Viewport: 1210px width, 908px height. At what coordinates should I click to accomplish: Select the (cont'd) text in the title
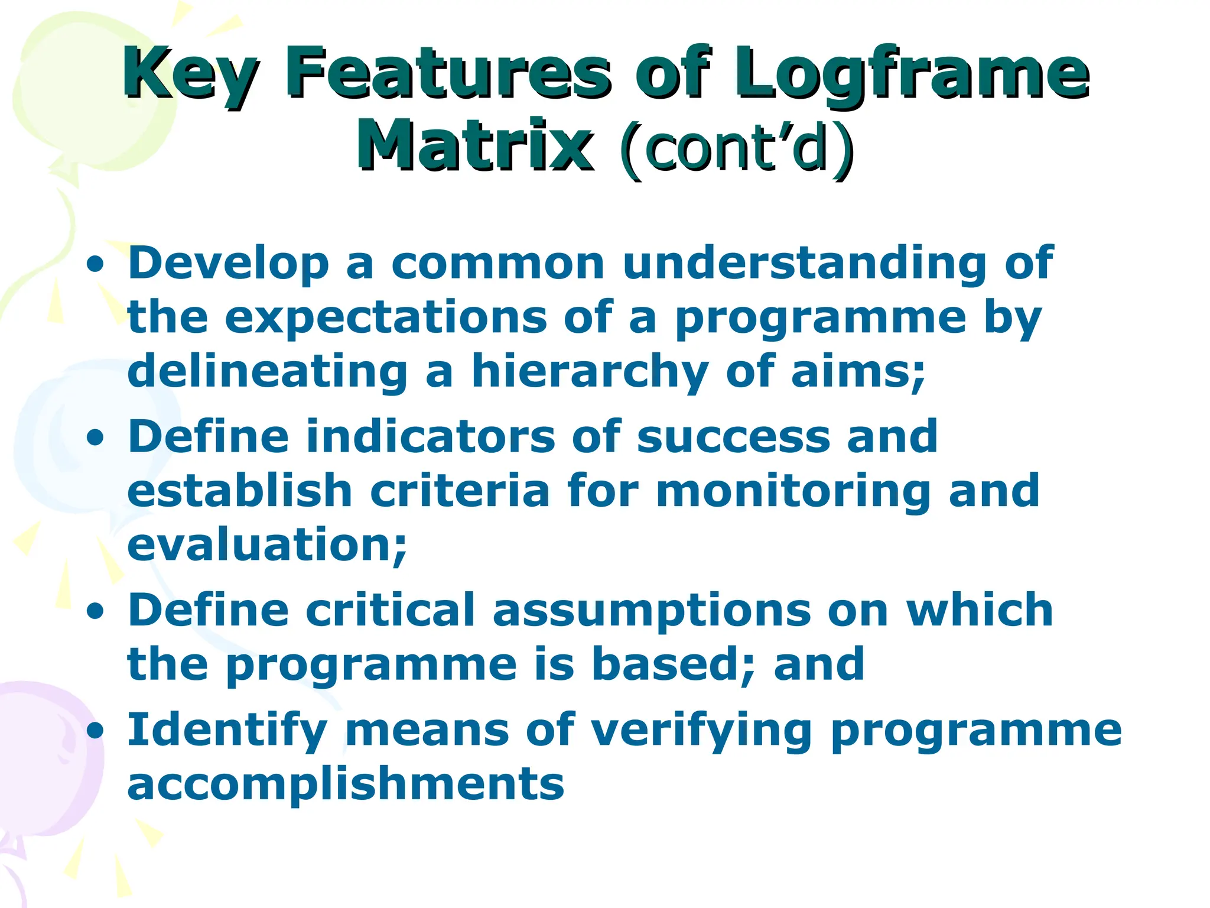coord(736,148)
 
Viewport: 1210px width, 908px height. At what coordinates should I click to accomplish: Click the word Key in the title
coord(190,74)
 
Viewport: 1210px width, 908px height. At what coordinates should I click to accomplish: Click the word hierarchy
coord(590,372)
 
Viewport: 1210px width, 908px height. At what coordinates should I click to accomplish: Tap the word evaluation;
coord(267,544)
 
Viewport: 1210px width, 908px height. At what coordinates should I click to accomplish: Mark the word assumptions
coord(651,610)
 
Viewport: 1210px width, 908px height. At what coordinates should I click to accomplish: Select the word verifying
coord(702,731)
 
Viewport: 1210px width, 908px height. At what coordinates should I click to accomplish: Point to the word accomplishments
coord(346,784)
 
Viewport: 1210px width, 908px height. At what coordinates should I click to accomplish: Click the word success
coord(733,436)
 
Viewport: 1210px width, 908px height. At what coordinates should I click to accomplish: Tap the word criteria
coord(460,491)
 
